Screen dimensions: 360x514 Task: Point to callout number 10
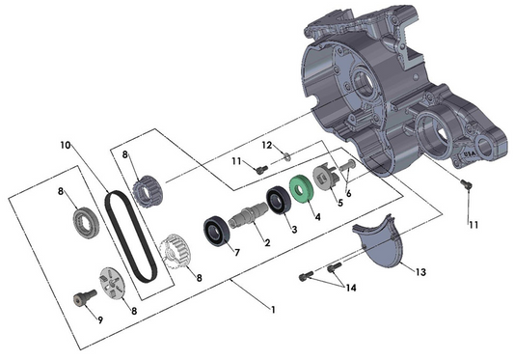pos(66,146)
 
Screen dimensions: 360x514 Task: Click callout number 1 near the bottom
pos(272,309)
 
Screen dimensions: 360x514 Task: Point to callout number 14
pos(351,288)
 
